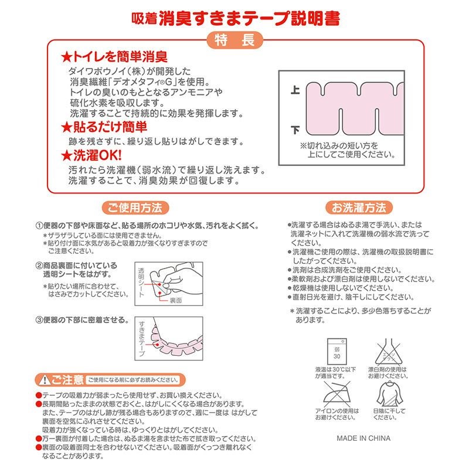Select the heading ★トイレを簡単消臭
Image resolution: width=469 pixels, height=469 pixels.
[x=115, y=57]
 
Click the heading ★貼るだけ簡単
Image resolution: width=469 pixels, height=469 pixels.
[x=104, y=127]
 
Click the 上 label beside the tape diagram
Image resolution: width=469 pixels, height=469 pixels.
[x=295, y=91]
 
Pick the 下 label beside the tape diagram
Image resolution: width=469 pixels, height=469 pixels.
[x=295, y=130]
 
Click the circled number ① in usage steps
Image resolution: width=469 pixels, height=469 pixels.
[x=39, y=226]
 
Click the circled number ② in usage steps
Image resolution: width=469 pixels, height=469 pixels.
[x=39, y=266]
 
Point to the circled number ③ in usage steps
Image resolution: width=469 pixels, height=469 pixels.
[x=39, y=321]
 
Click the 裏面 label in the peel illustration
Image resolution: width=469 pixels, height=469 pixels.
[x=176, y=301]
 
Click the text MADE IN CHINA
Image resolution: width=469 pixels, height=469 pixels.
[x=363, y=438]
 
